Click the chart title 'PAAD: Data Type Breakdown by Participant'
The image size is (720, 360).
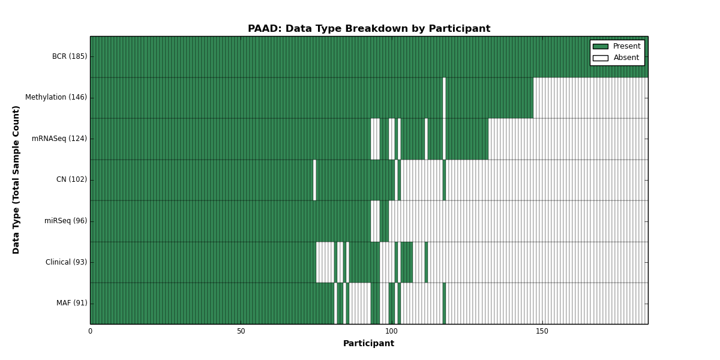click(x=369, y=29)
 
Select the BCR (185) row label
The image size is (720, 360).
click(x=70, y=56)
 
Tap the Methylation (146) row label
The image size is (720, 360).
click(x=56, y=97)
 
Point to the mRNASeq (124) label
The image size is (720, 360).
click(x=59, y=139)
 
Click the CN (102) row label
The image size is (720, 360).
click(x=71, y=179)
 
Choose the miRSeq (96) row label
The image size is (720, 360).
click(x=65, y=221)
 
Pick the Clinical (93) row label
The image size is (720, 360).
click(x=66, y=262)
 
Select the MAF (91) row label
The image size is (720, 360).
click(x=71, y=303)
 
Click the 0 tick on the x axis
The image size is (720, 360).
click(x=91, y=331)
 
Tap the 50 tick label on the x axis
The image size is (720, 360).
click(x=241, y=331)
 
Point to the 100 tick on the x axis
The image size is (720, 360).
click(x=392, y=331)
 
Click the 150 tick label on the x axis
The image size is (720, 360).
click(x=542, y=331)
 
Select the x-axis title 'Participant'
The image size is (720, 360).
click(x=368, y=344)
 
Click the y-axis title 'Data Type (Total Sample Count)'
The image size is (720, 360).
click(x=16, y=180)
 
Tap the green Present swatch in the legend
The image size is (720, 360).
click(x=601, y=47)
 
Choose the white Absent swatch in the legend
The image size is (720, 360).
click(x=601, y=58)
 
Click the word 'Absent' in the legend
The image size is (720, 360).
click(x=626, y=58)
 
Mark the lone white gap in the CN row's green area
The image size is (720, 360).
click(x=314, y=180)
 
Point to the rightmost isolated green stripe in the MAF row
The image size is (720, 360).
click(x=444, y=304)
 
